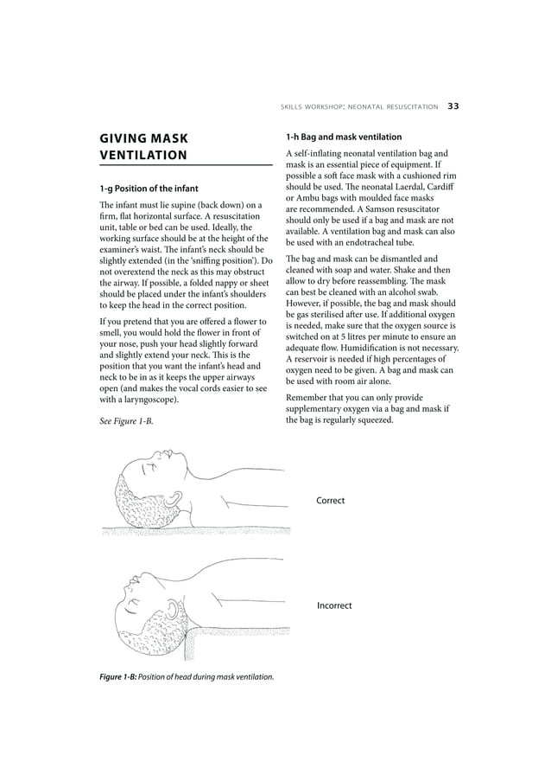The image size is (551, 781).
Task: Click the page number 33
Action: point(453,106)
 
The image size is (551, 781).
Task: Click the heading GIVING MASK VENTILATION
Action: point(143,146)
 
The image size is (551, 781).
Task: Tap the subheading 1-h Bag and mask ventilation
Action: point(344,137)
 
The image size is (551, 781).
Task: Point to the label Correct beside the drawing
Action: point(331,500)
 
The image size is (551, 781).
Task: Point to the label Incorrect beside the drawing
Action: point(334,605)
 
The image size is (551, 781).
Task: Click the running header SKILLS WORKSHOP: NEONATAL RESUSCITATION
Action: point(359,107)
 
